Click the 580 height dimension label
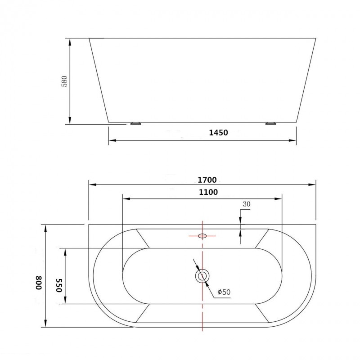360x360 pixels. pyautogui.click(x=65, y=81)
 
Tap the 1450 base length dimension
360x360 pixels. pyautogui.click(x=218, y=133)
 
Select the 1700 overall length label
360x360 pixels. pyautogui.click(x=207, y=180)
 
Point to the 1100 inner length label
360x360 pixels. pyautogui.click(x=208, y=192)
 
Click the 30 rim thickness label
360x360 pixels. pyautogui.click(x=247, y=204)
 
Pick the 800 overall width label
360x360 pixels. pyautogui.click(x=39, y=283)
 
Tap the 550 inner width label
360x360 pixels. pyautogui.click(x=59, y=285)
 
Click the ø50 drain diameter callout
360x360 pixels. pyautogui.click(x=224, y=292)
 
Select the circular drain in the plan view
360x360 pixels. pyautogui.click(x=202, y=276)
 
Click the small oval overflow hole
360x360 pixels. pyautogui.click(x=202, y=236)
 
